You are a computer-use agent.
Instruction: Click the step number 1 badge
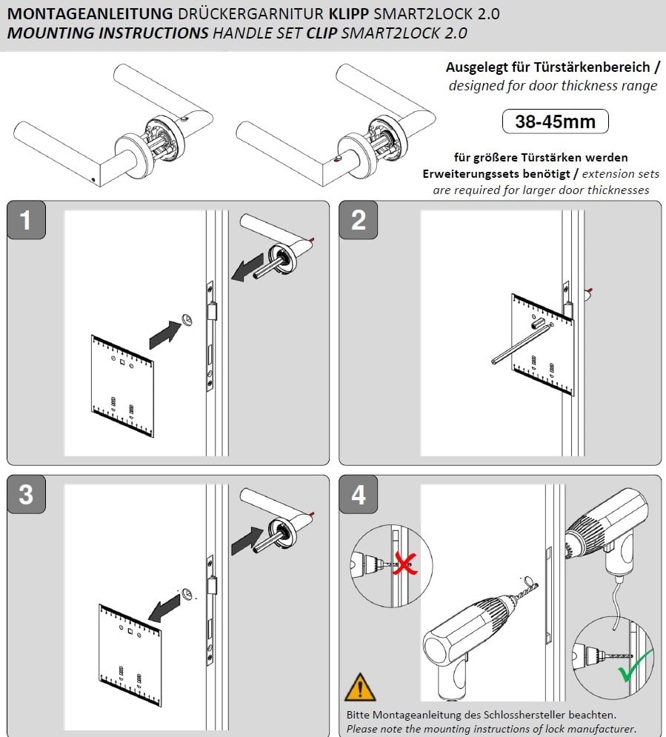(26, 220)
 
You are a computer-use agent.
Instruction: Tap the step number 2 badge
(359, 220)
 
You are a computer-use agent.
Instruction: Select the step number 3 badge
(26, 494)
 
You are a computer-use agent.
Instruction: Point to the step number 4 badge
(359, 494)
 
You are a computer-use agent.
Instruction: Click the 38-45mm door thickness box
(555, 121)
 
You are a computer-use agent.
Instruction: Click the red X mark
(402, 565)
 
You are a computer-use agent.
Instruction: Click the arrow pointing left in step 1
(247, 268)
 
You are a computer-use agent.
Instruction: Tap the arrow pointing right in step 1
(167, 333)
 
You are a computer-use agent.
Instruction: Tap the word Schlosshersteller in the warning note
(519, 715)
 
